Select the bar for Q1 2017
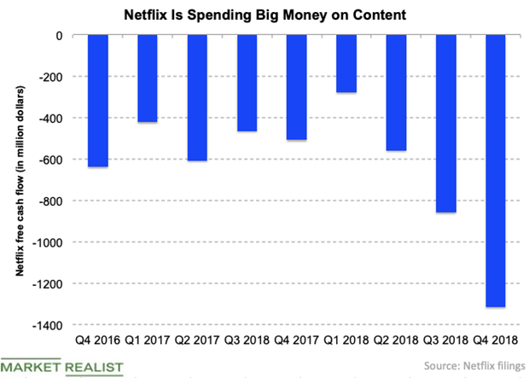[146, 79]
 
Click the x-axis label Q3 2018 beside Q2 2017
[246, 340]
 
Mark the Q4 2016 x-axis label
[96, 340]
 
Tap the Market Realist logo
[61, 366]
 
